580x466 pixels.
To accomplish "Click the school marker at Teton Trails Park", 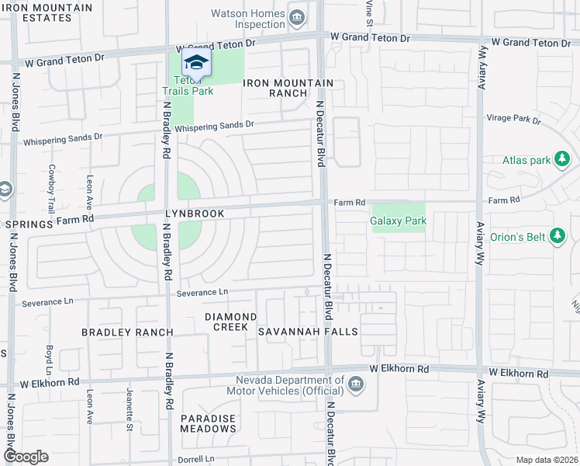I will pyautogui.click(x=196, y=62).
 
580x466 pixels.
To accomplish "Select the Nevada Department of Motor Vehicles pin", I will pyautogui.click(x=355, y=384).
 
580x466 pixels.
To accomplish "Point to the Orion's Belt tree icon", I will pyautogui.click(x=557, y=235).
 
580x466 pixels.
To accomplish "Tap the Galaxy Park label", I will pyautogui.click(x=398, y=221).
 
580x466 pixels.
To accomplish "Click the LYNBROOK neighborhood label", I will pyautogui.click(x=194, y=214).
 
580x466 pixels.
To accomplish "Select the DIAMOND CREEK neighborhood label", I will pyautogui.click(x=230, y=322).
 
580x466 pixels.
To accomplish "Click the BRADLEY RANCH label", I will pyautogui.click(x=127, y=332).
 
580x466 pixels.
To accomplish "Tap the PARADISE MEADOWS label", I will pyautogui.click(x=208, y=423).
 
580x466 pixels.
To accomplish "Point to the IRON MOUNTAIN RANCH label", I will pyautogui.click(x=288, y=88).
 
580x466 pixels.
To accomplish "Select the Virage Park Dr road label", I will pyautogui.click(x=513, y=120).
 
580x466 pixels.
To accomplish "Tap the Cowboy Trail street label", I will pyautogui.click(x=52, y=189).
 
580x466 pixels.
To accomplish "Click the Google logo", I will pyautogui.click(x=25, y=457).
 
